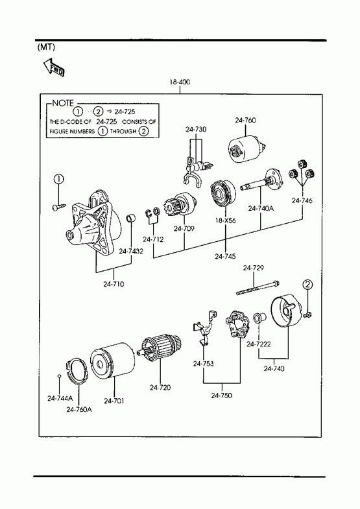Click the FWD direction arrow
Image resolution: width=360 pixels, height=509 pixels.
pyautogui.click(x=54, y=67)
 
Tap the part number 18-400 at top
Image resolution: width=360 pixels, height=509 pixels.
pyautogui.click(x=180, y=82)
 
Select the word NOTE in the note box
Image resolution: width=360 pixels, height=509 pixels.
pyautogui.click(x=63, y=103)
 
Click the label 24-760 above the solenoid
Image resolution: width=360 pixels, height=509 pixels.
pyautogui.click(x=245, y=120)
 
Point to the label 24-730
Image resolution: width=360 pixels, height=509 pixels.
pyautogui.click(x=196, y=129)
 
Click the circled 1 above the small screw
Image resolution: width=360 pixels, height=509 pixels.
pyautogui.click(x=58, y=179)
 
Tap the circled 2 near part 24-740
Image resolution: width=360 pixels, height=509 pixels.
pyautogui.click(x=307, y=285)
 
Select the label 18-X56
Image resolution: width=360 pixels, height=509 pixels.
pyautogui.click(x=225, y=220)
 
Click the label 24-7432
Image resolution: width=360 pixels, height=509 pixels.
pyautogui.click(x=131, y=251)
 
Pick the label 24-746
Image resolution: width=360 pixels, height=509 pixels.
pyautogui.click(x=302, y=200)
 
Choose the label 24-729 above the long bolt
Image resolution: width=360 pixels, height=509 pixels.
pyautogui.click(x=253, y=268)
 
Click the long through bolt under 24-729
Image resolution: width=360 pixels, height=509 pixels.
pyautogui.click(x=258, y=288)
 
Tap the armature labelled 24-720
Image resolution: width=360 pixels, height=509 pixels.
pyautogui.click(x=160, y=346)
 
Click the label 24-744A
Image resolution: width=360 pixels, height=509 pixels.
pyautogui.click(x=60, y=398)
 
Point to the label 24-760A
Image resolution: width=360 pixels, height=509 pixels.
pyautogui.click(x=79, y=409)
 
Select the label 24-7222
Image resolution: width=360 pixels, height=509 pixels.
pyautogui.click(x=258, y=344)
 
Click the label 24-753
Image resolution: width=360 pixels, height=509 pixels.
pyautogui.click(x=203, y=364)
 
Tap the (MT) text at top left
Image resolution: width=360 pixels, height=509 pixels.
pyautogui.click(x=46, y=47)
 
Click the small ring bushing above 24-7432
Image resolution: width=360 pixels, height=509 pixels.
pyautogui.click(x=131, y=218)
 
